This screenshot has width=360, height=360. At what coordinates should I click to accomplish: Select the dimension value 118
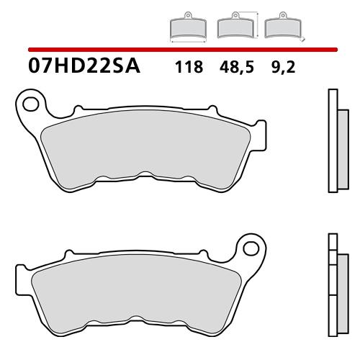click(x=187, y=69)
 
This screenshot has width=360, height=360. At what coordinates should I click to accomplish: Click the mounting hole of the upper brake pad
click(x=31, y=104)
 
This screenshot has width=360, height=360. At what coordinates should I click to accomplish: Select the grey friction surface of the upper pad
click(x=144, y=148)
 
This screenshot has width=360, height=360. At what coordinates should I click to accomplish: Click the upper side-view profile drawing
click(x=333, y=141)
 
